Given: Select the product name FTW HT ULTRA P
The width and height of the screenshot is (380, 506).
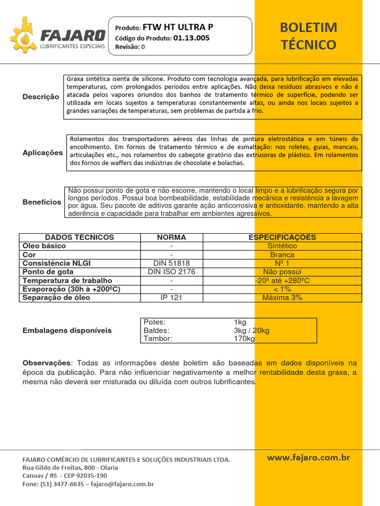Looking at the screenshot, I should (x=178, y=28).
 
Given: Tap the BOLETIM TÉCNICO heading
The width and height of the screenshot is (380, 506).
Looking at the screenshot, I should (x=308, y=36).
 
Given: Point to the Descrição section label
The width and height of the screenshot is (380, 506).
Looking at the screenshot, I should (x=41, y=97).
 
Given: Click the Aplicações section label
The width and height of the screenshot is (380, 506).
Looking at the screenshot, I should (x=43, y=153).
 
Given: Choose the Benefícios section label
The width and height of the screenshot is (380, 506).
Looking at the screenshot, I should (x=42, y=202).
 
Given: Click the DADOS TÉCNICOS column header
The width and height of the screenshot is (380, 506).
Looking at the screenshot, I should (x=80, y=237).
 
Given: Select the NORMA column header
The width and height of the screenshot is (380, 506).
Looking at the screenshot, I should (x=171, y=237).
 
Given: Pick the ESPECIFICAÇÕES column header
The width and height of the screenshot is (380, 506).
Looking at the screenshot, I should (x=282, y=237).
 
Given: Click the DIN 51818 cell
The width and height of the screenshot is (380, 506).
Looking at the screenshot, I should (x=171, y=263).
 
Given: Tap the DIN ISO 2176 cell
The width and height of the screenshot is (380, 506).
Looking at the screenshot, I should (x=171, y=272).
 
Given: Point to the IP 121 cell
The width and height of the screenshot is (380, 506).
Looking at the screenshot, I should (x=171, y=297).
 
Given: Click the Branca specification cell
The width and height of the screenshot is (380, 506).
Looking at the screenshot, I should (x=282, y=255).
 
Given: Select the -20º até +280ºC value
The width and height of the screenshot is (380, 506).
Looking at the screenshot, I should (x=282, y=281).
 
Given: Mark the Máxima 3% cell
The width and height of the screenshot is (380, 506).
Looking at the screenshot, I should (x=282, y=297).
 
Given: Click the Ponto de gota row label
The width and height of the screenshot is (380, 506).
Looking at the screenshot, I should (x=48, y=272).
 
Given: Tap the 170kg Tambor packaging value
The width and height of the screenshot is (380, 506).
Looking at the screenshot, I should (x=244, y=338).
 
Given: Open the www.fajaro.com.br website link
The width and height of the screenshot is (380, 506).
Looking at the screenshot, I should (x=308, y=458).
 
